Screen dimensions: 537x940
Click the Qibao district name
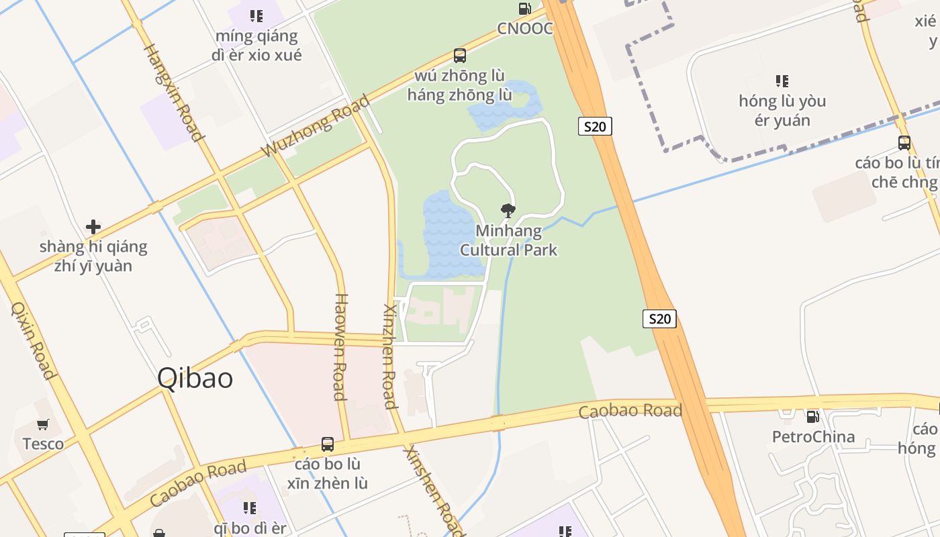[x=195, y=379]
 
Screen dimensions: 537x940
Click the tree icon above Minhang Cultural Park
[x=508, y=211]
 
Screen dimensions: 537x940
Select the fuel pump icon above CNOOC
[x=524, y=9]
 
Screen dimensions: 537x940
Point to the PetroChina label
[x=813, y=437]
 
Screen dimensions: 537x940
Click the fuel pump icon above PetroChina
[x=812, y=417]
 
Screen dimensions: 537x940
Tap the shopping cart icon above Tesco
[x=43, y=424]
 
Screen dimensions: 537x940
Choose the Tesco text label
[x=43, y=444]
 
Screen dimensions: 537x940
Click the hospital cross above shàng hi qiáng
[x=93, y=227]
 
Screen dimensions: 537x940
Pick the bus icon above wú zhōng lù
[x=459, y=56]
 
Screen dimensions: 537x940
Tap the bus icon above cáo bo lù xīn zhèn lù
[x=327, y=444]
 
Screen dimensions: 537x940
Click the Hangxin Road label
[x=174, y=93]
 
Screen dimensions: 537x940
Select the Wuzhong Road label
[x=316, y=126]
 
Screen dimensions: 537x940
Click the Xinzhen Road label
[x=389, y=356]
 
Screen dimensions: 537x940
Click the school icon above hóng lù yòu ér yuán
[x=782, y=81]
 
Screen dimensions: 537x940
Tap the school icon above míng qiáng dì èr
[x=256, y=15]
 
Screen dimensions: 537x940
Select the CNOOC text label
[x=524, y=28]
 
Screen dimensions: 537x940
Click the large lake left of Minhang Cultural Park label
[x=446, y=232]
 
